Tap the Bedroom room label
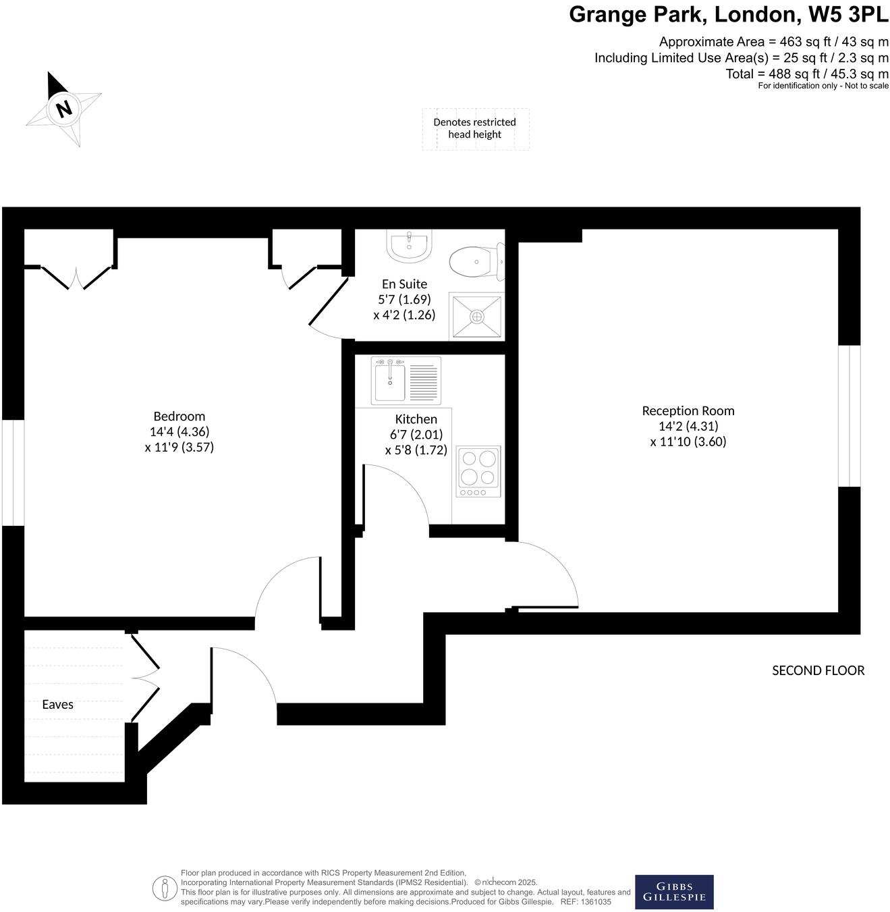click(179, 417)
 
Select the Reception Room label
click(688, 410)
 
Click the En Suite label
click(404, 284)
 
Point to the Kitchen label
click(416, 419)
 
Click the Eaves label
click(57, 704)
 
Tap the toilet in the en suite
click(476, 263)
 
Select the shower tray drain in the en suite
click(476, 316)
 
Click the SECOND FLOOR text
click(818, 670)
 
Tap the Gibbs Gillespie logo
click(674, 892)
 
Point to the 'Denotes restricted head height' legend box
click(475, 128)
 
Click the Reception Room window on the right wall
click(849, 416)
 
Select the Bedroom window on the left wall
click(13, 473)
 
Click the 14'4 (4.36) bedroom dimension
click(179, 432)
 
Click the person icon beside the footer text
click(163, 888)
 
